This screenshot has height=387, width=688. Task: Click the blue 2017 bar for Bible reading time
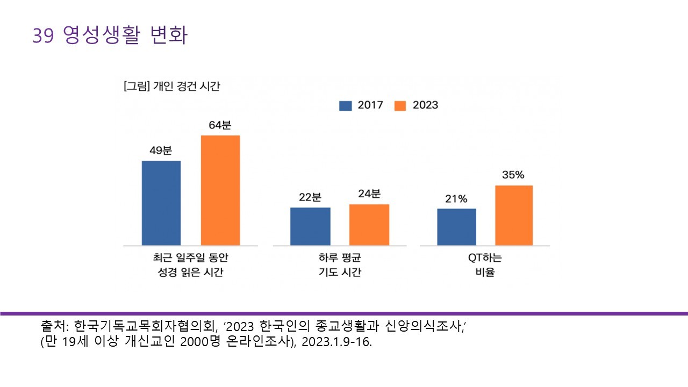[x=161, y=203]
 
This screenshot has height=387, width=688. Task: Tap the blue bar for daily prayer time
[x=310, y=226]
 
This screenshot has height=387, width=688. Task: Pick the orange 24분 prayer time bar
[x=369, y=224]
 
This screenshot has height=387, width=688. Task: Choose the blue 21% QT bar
[x=456, y=226]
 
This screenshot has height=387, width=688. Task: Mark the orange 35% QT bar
[x=514, y=215]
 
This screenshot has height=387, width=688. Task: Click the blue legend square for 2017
[x=345, y=105]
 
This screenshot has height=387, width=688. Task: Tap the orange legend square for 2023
[x=400, y=105]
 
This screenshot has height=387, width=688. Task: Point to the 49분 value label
[x=161, y=150]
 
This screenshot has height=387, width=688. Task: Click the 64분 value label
[x=220, y=125]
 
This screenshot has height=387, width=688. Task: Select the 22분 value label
[x=310, y=197]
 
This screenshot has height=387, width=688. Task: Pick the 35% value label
[x=513, y=175]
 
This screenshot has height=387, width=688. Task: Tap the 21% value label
[x=456, y=198]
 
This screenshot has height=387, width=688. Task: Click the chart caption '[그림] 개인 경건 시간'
[x=171, y=87]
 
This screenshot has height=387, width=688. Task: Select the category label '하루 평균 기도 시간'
[x=340, y=265]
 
